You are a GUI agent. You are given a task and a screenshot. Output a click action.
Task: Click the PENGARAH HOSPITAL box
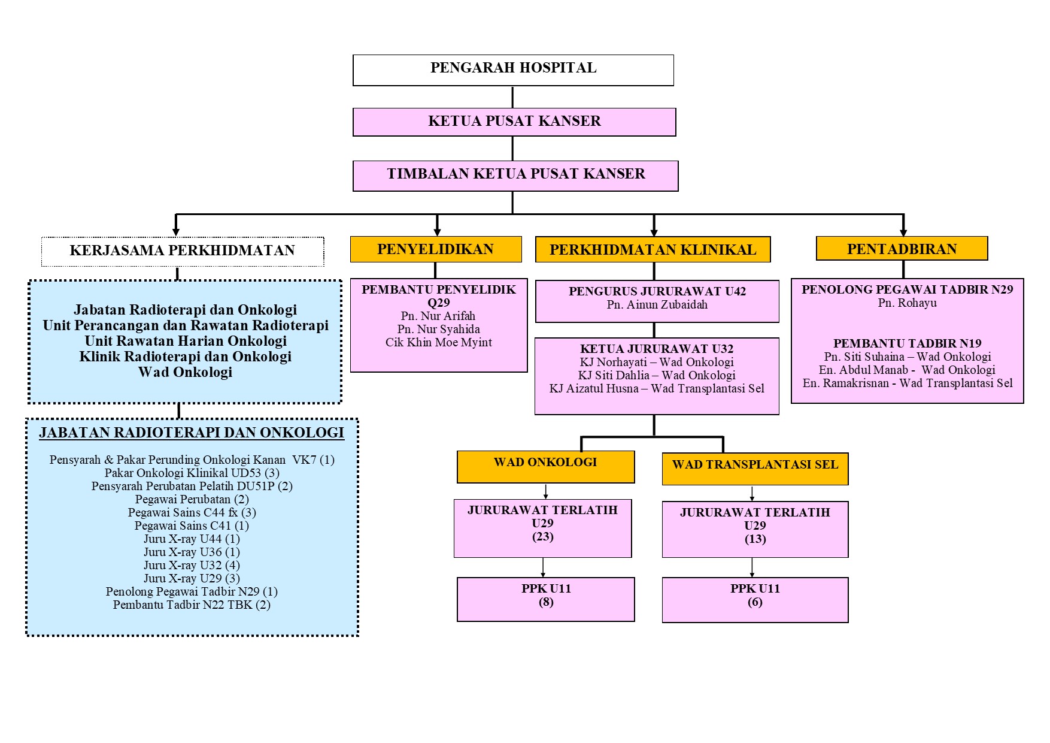tap(513, 70)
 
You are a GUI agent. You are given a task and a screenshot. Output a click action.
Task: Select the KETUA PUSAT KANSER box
tap(514, 122)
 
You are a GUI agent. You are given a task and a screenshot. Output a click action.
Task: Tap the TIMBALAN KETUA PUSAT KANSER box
tap(515, 175)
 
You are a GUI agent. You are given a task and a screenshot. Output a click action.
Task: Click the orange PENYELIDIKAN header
tap(436, 249)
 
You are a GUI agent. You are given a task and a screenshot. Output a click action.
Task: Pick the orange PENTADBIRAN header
tap(902, 249)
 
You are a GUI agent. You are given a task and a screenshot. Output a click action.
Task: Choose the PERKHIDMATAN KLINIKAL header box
tap(653, 250)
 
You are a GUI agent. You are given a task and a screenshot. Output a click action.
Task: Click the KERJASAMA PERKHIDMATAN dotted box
tap(183, 251)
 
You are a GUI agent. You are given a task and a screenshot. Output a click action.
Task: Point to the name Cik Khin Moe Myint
tap(439, 343)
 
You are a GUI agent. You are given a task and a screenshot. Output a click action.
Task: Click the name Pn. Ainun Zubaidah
tap(657, 305)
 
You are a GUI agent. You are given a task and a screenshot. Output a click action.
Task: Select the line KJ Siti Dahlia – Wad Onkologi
tap(657, 376)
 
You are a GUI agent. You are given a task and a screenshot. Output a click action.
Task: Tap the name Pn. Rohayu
tap(907, 303)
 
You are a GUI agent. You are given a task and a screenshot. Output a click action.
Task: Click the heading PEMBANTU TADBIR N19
tap(907, 343)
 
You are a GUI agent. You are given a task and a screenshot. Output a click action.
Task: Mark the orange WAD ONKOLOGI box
tap(545, 466)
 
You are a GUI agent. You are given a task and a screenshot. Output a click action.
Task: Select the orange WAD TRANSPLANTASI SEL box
tap(755, 468)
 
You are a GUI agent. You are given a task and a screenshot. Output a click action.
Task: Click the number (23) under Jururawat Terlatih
tap(543, 537)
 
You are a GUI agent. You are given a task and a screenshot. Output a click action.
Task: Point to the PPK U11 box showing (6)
tap(755, 599)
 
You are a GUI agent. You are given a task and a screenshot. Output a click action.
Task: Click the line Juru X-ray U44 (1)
tap(192, 539)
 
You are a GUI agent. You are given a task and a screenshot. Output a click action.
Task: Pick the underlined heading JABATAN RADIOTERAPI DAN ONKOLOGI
tap(192, 433)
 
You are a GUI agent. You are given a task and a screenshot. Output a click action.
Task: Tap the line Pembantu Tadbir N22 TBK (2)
tap(192, 605)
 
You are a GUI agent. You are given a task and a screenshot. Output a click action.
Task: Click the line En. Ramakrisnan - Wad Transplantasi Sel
tap(908, 383)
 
